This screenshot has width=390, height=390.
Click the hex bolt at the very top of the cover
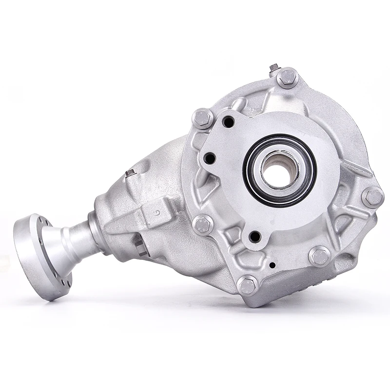tap(288, 78)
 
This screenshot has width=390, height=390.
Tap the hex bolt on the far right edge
tap(373, 197)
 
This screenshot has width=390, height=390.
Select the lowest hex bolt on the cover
tap(248, 285)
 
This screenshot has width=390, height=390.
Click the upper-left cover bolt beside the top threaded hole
tap(203, 118)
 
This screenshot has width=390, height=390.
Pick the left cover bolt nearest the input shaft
tap(203, 224)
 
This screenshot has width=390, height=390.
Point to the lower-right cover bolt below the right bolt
tap(320, 256)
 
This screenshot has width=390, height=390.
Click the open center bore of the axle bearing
tap(279, 171)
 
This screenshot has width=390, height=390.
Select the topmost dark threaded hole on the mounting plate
tap(228, 122)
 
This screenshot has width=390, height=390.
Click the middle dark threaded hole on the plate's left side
tap(210, 158)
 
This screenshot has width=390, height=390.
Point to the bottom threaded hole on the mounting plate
tap(254, 237)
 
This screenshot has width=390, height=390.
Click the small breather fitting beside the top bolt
tap(274, 68)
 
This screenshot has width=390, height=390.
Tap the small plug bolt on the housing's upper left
tap(130, 173)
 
